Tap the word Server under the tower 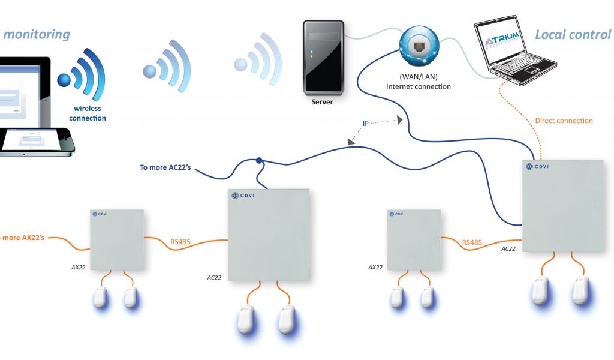322,102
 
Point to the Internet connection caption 418,87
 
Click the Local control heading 573,34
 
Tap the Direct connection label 564,121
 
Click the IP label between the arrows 366,124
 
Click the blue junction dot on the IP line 259,161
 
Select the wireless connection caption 87,113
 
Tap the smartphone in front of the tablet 36,141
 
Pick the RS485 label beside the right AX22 472,242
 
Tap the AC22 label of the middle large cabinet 215,278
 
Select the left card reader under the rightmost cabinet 540,290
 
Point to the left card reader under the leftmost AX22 100,296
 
